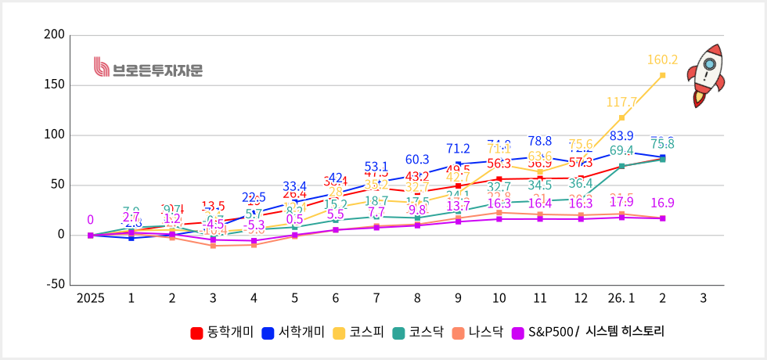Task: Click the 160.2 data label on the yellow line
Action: pyautogui.click(x=662, y=59)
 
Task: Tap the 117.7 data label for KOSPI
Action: pyautogui.click(x=621, y=102)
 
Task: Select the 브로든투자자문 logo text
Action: pyautogui.click(x=148, y=70)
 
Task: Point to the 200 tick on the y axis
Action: pyautogui.click(x=55, y=35)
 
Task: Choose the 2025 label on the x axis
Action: pyautogui.click(x=90, y=298)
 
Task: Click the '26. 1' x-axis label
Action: pyautogui.click(x=621, y=298)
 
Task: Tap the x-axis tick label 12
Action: pyautogui.click(x=581, y=298)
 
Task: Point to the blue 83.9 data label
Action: pyautogui.click(x=621, y=136)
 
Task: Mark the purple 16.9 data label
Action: pyautogui.click(x=662, y=203)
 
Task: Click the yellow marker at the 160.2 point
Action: pyautogui.click(x=662, y=75)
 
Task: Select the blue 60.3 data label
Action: pyautogui.click(x=416, y=160)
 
